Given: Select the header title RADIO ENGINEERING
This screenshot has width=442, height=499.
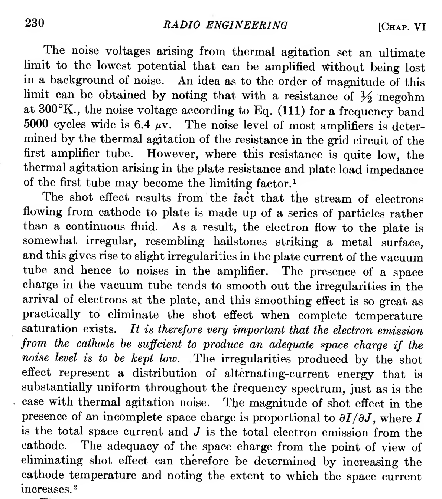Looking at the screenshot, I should [x=225, y=25].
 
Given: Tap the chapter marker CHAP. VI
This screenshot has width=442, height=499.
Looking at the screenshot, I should [x=400, y=27].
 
